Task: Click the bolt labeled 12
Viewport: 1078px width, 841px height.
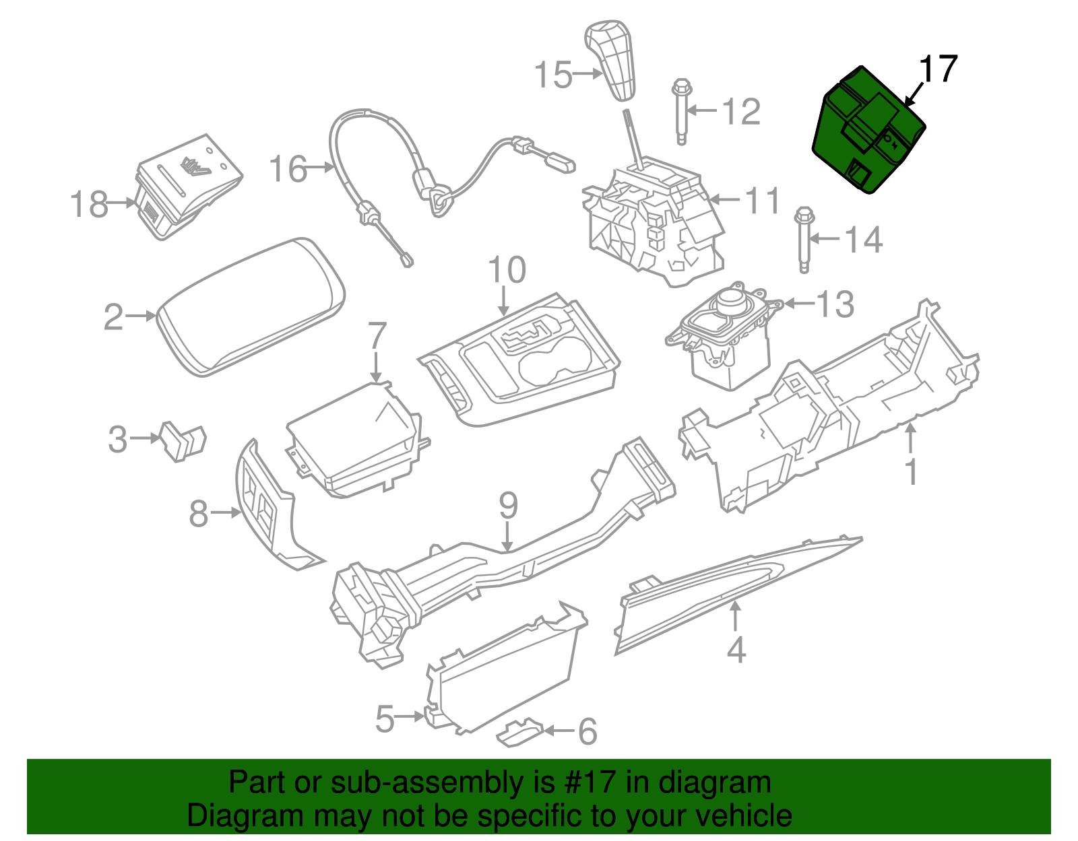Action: click(681, 111)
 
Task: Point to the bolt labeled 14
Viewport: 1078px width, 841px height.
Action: click(804, 240)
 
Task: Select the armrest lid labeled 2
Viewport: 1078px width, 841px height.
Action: click(251, 306)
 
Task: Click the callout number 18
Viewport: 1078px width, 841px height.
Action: click(89, 203)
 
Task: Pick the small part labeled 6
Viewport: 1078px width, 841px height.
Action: click(519, 732)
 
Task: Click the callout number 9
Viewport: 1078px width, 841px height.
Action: click(508, 505)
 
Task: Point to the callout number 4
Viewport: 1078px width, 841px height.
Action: click(736, 650)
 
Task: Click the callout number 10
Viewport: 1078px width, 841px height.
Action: click(507, 270)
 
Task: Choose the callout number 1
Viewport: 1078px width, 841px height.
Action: click(911, 472)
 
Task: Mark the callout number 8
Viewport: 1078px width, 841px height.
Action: click(198, 514)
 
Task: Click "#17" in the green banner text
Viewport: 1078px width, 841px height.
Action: click(586, 783)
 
